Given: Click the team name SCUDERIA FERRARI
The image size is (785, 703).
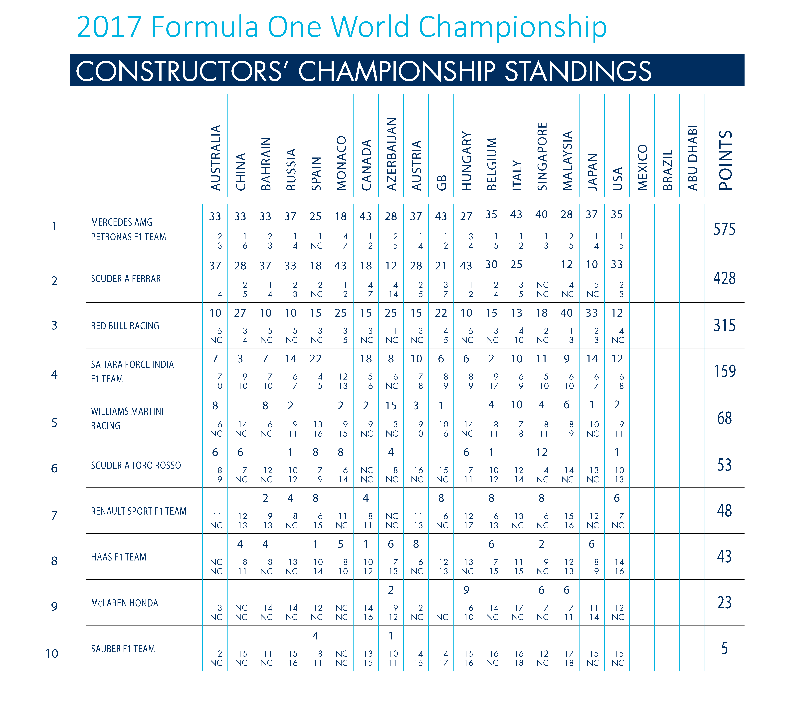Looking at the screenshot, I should click(127, 279).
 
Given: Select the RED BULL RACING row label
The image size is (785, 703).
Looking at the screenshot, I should click(125, 326).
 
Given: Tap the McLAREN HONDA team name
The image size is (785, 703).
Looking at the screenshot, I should click(125, 603).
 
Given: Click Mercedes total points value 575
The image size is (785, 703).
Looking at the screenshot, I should click(724, 229).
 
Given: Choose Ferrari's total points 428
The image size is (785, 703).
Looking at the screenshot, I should click(724, 278).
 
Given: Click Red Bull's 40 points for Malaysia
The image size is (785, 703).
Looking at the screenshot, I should click(567, 313).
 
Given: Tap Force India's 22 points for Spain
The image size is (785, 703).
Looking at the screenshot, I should click(316, 359).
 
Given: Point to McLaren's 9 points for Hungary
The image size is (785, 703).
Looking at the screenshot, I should click(466, 590).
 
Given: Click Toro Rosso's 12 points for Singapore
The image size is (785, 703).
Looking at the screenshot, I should click(541, 452).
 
